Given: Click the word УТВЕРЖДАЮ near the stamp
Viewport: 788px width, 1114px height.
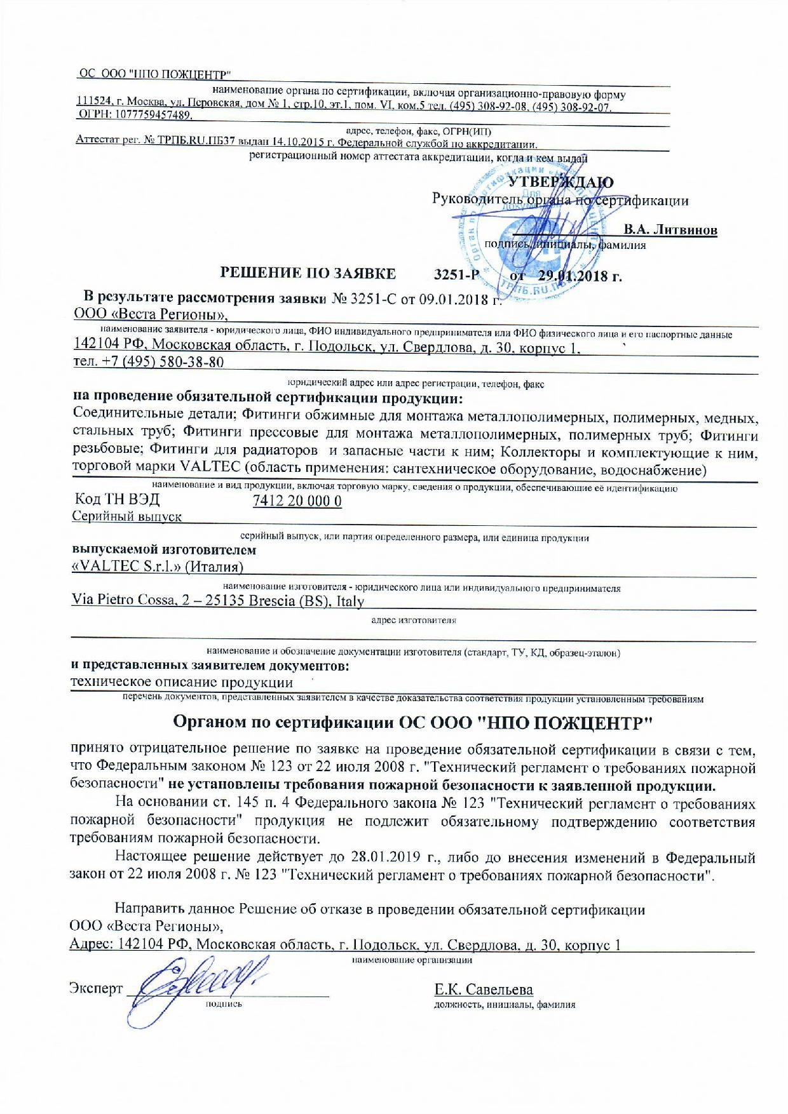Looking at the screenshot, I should pos(560,182).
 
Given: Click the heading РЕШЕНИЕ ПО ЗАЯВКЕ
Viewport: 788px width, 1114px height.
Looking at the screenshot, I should pos(308,274).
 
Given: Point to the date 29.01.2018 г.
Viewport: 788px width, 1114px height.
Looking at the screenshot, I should pos(579,276).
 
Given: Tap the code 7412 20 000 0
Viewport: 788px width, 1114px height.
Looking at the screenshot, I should pos(297,501).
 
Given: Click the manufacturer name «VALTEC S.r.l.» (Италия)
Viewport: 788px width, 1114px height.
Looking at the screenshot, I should pos(158,567).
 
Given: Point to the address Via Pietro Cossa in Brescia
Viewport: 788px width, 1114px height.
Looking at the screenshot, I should pos(218,601).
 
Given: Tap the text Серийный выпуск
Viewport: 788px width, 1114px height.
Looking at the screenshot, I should pos(126,516).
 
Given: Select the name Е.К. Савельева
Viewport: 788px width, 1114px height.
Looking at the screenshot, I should pos(484,990).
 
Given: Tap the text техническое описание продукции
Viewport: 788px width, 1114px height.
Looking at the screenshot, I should pos(182,683).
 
